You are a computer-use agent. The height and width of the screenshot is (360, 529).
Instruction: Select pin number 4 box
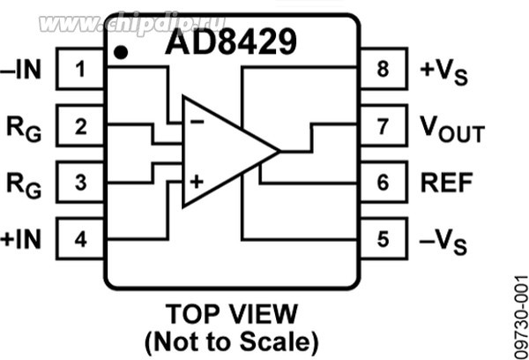81,238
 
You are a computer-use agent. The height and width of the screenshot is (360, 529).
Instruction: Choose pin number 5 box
382,238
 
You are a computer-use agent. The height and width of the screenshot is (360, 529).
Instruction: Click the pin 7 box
382,127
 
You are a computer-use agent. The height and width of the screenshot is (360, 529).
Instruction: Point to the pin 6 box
382,183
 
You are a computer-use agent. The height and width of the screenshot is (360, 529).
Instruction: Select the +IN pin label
23,238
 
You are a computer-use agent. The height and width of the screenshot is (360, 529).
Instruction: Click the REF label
447,183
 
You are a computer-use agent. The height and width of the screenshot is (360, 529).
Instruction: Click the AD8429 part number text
227,41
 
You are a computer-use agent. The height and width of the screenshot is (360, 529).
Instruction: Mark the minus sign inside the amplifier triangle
197,122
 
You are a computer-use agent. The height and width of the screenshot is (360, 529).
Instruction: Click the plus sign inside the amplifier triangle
197,183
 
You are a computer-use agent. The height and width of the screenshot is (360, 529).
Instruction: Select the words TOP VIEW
232,313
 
